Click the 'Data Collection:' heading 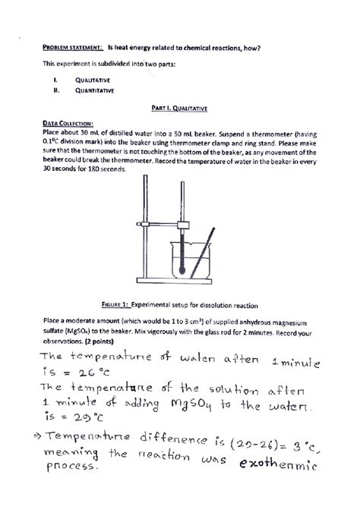pos(69,122)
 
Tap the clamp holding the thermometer pos(182,225)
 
